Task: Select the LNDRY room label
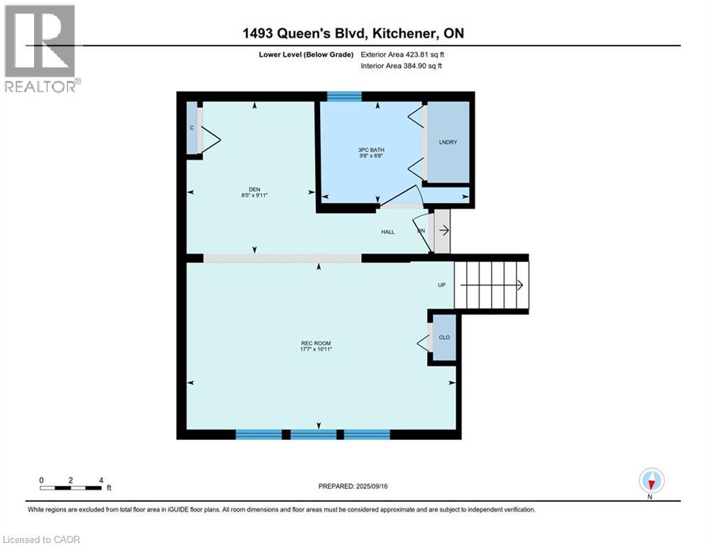[x=448, y=143]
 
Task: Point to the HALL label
[x=387, y=232]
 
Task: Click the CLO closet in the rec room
[x=444, y=338]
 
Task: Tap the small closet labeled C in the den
[x=192, y=128]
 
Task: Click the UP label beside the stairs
[x=441, y=285]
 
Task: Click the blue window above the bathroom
[x=344, y=97]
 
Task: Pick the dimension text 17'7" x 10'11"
[x=316, y=350]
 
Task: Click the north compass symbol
[x=651, y=480]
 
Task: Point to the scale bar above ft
[x=71, y=488]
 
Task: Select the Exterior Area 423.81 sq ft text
[x=403, y=54]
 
